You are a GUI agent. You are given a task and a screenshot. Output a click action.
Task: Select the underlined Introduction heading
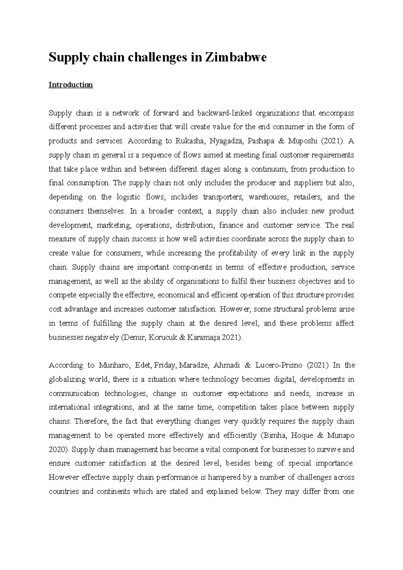pos(71,85)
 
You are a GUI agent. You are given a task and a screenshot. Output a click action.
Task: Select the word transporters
pos(221,197)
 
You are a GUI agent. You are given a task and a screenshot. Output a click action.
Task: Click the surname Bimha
pos(277,436)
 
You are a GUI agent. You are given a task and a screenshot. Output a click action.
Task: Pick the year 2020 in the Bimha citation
pos(57,449)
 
